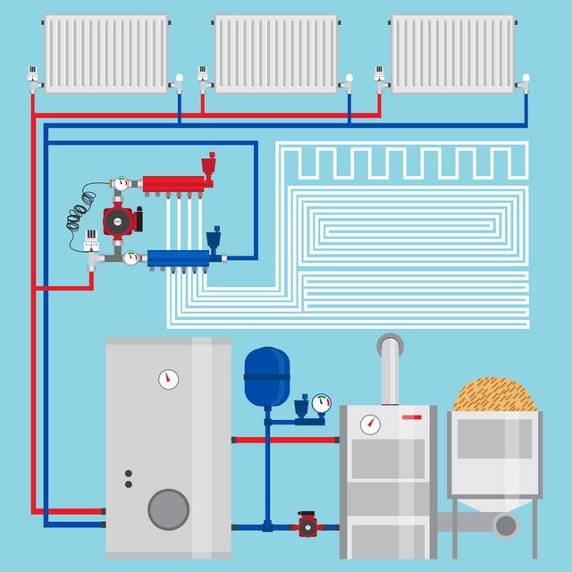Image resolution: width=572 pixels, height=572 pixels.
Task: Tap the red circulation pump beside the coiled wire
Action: click(x=117, y=220)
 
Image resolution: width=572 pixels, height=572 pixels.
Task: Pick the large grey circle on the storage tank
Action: click(x=168, y=509)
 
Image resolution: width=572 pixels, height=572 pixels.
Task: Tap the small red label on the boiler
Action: click(x=412, y=416)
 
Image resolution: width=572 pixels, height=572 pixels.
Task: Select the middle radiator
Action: click(x=276, y=53)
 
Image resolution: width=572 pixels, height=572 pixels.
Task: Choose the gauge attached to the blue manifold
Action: click(x=131, y=258)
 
